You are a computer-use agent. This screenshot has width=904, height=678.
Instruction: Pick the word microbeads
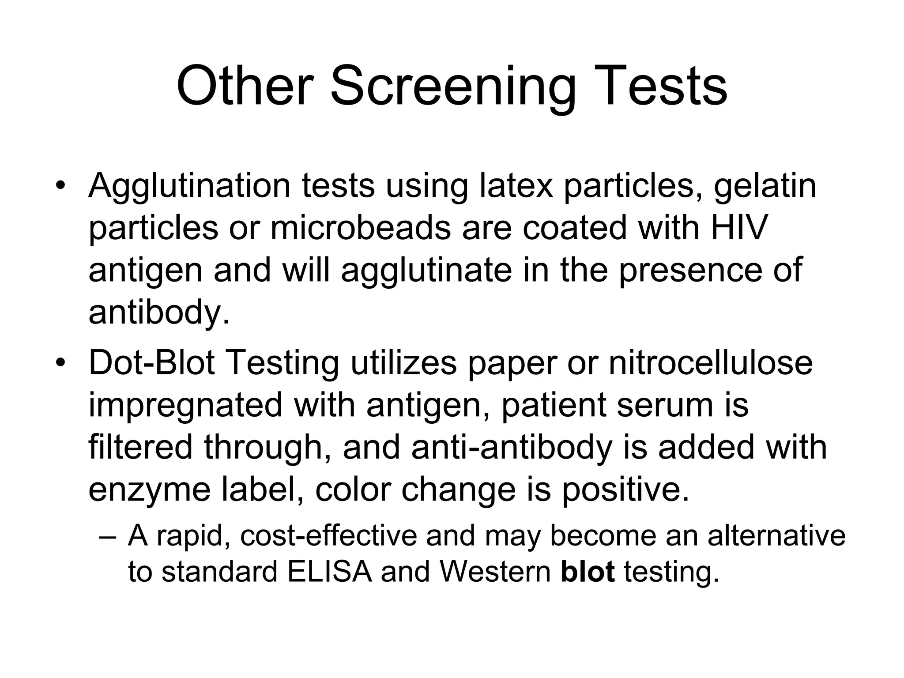[360, 228]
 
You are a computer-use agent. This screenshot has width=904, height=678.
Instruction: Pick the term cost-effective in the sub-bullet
[328, 535]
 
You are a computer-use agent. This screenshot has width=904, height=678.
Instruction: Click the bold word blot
[588, 573]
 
